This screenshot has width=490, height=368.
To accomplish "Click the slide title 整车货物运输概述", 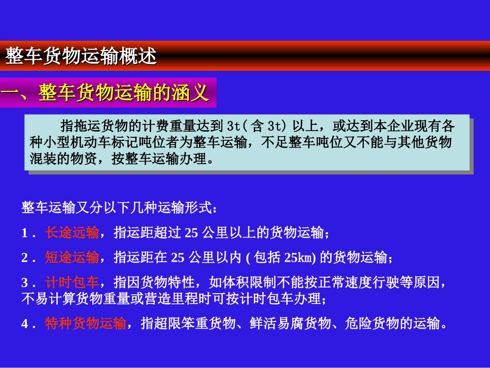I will (x=81, y=56).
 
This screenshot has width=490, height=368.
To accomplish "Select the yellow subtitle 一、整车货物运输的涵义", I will (x=106, y=93).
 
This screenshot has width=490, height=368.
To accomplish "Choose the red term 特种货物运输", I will (x=86, y=324).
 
